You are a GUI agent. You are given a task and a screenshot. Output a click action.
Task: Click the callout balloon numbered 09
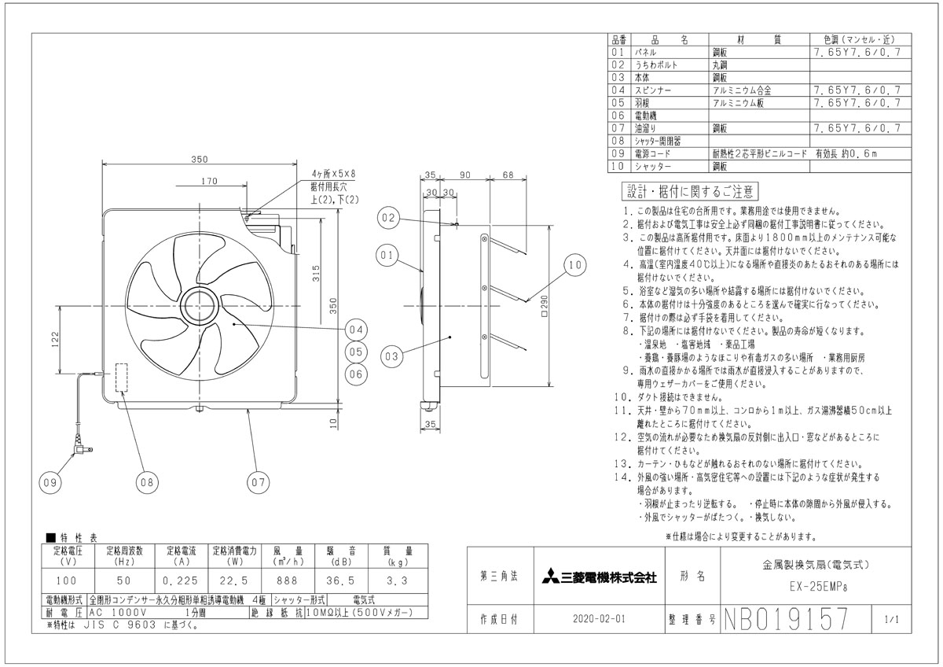click(50, 482)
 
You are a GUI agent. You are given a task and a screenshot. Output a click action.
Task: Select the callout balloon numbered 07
click(258, 482)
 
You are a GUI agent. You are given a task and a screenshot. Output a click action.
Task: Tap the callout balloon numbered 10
click(574, 265)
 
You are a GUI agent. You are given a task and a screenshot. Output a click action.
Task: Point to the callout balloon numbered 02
click(388, 218)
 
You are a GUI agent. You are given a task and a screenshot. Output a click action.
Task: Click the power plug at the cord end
click(82, 447)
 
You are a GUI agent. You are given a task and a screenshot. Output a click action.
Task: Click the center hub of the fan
click(199, 306)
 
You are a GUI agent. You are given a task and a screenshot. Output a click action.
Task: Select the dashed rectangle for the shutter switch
click(122, 378)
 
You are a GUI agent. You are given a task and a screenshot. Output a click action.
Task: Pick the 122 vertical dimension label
click(55, 340)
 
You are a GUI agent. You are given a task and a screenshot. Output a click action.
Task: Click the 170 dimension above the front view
click(209, 181)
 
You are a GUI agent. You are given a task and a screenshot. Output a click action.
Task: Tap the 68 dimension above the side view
click(508, 175)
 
